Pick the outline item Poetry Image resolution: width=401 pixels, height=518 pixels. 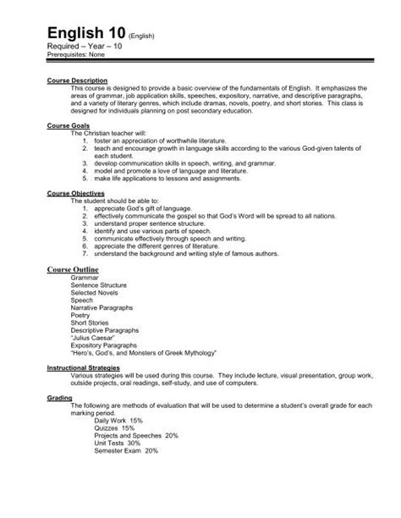pos(82,317)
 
